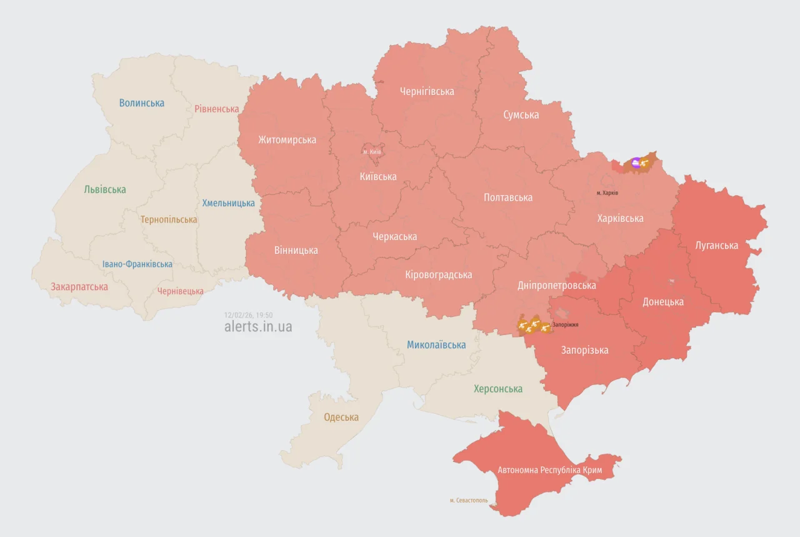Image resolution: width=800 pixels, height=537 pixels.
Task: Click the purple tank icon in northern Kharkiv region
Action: [636, 163]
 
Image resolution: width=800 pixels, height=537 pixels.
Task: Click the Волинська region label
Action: [142, 103]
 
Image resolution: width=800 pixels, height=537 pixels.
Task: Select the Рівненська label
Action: [216, 109]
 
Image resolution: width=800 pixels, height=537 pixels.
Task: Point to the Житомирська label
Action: [287, 140]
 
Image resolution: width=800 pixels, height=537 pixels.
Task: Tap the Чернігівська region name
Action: [427, 91]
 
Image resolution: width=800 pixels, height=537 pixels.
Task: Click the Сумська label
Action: [521, 115]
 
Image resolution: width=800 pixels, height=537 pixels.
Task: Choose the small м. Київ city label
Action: [372, 152]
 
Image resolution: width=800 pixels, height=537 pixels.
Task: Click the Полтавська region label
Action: [508, 198]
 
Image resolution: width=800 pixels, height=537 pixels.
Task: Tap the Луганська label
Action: [716, 246]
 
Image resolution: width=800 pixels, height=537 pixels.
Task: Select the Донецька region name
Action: [663, 302]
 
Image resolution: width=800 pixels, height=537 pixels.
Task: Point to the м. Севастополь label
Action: [469, 501]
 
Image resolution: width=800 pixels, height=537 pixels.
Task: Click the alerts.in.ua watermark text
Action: [257, 327]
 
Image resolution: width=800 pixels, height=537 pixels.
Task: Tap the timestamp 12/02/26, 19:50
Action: [248, 315]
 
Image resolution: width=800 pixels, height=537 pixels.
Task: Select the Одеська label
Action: [341, 418]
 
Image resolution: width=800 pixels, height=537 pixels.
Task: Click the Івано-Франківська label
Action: [137, 264]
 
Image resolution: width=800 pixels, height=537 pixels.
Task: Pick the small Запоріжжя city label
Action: [565, 325]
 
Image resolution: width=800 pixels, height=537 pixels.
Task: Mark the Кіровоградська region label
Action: [438, 275]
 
